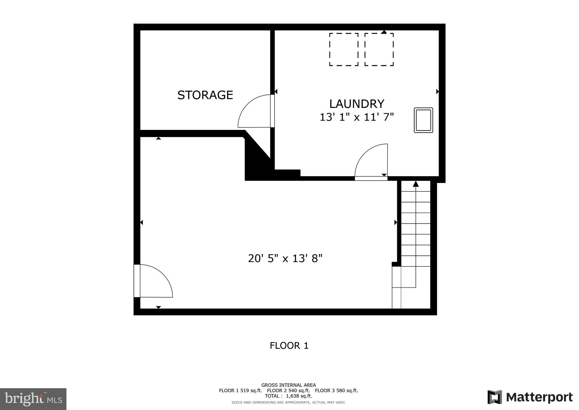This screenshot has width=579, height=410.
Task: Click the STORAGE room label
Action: pyautogui.click(x=205, y=95)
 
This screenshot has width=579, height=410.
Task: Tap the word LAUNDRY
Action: pyautogui.click(x=357, y=104)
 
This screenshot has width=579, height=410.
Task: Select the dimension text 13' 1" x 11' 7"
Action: pyautogui.click(x=357, y=117)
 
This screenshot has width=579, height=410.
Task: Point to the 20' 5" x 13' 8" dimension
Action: pyautogui.click(x=285, y=259)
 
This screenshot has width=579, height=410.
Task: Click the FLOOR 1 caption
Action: pyautogui.click(x=289, y=346)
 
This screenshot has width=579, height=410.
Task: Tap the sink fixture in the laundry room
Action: pyautogui.click(x=423, y=120)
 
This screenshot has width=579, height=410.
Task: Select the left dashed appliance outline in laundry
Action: pyautogui.click(x=343, y=50)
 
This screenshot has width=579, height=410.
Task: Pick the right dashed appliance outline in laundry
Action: pyautogui.click(x=379, y=50)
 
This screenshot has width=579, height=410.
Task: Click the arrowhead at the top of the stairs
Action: pyautogui.click(x=416, y=184)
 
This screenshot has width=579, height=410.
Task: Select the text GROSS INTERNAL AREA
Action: pyautogui.click(x=288, y=385)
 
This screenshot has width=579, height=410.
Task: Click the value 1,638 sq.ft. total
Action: pyautogui.click(x=299, y=396)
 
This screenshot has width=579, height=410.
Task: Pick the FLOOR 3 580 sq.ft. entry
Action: pyautogui.click(x=336, y=391)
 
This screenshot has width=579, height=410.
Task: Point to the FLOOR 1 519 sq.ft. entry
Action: pyautogui.click(x=240, y=391)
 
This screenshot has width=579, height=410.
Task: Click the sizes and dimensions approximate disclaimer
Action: pyautogui.click(x=288, y=402)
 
